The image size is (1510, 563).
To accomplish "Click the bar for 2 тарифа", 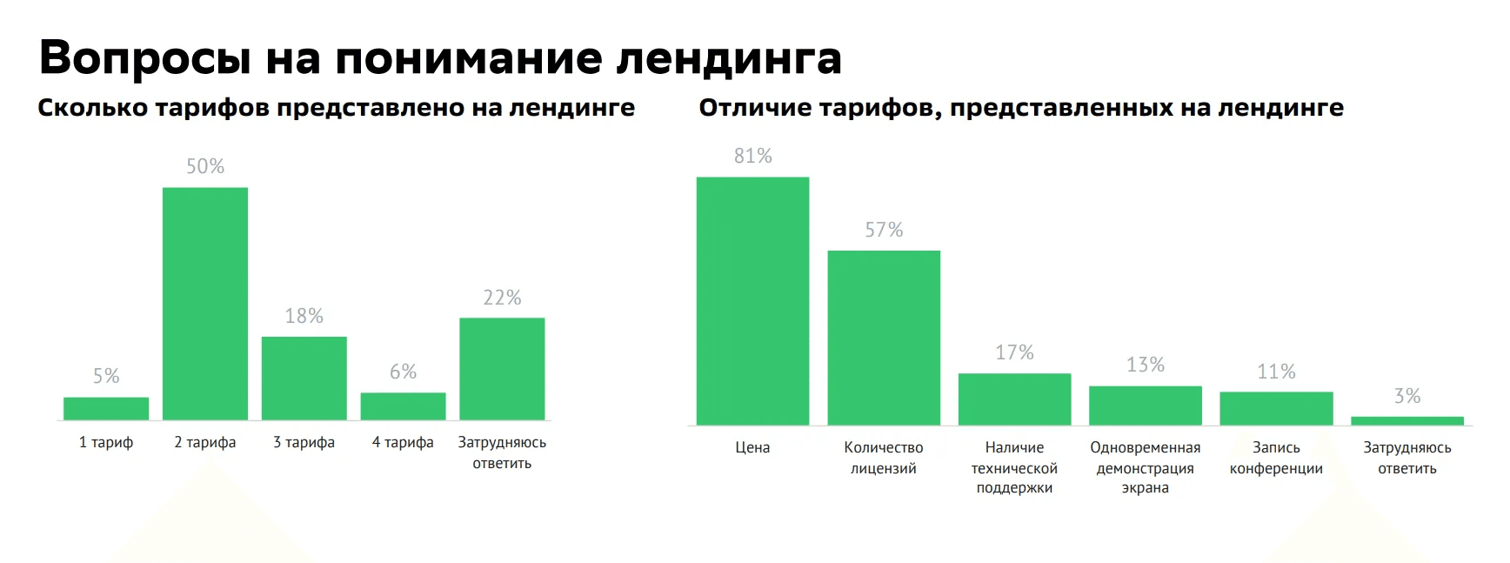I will click(205, 304).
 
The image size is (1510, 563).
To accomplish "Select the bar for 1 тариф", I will click(106, 409).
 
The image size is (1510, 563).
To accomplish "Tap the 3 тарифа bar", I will click(304, 379).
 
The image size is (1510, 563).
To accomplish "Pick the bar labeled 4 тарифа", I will click(404, 406).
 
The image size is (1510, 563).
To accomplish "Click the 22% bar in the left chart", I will click(502, 369).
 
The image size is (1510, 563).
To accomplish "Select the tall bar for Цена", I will click(752, 301).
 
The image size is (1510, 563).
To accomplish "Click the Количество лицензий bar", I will click(884, 338).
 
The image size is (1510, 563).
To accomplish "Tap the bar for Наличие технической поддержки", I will click(1014, 399).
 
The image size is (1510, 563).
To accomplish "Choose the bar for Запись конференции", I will click(1276, 408).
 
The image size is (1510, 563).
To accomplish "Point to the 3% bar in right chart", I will click(1407, 421).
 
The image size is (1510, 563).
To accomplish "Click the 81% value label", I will click(752, 156).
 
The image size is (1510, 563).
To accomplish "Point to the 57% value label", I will click(884, 230).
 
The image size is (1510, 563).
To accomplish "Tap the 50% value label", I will click(205, 166).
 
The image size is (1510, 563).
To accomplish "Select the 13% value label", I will click(1146, 365).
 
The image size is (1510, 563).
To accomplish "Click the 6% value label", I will click(404, 372).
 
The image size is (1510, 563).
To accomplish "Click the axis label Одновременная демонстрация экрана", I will click(1145, 467).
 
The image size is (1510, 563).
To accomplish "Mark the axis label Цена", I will click(752, 447).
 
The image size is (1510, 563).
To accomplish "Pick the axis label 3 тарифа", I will click(304, 442).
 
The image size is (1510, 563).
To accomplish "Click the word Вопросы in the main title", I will click(144, 57).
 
